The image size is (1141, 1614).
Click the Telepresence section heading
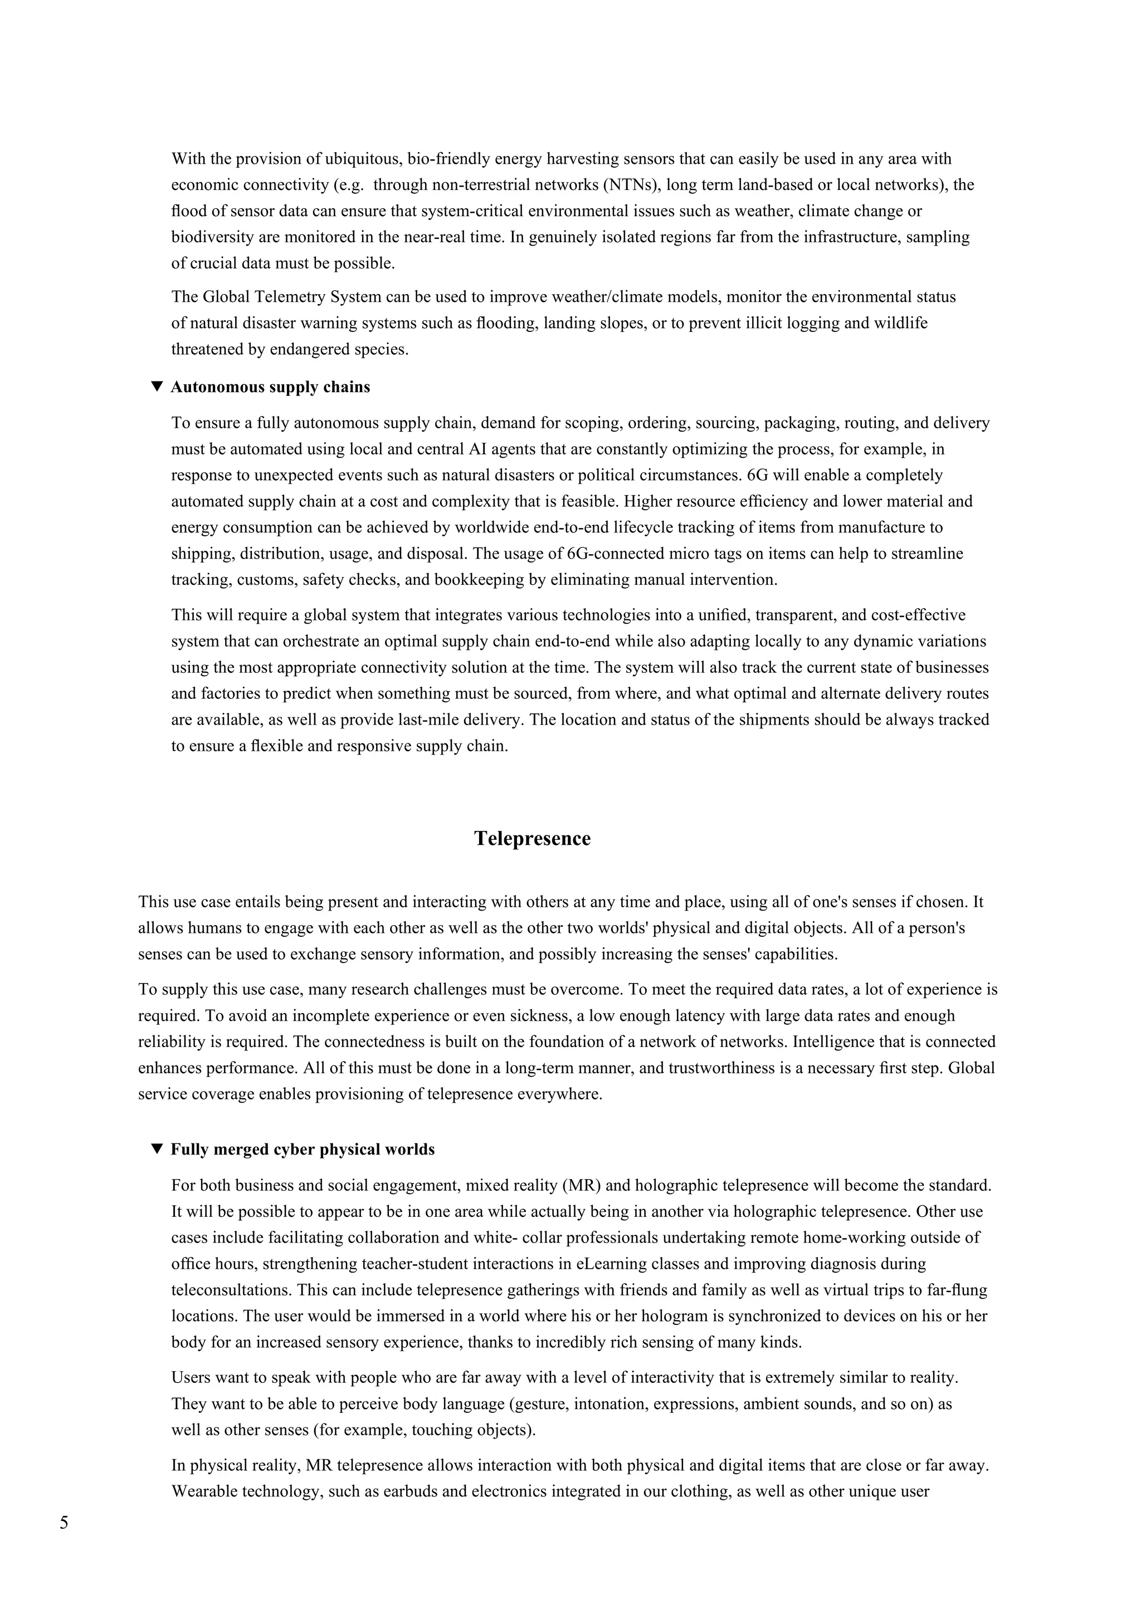coord(532,839)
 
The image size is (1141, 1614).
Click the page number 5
coord(64,1523)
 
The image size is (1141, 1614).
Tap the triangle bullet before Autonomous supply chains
coord(157,387)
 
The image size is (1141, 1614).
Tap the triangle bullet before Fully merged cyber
coord(157,1150)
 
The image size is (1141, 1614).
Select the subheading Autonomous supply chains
coord(270,387)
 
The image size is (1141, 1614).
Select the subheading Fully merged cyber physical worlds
coord(303,1150)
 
